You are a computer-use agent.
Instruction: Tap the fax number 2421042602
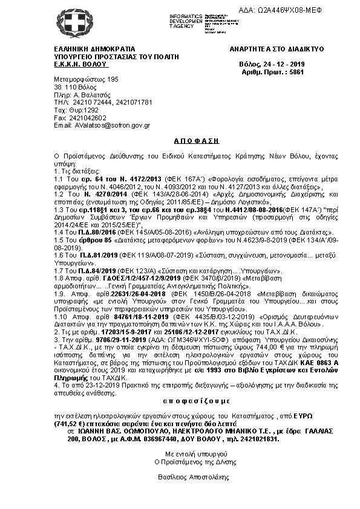86,117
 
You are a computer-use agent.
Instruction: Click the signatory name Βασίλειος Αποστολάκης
179,477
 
